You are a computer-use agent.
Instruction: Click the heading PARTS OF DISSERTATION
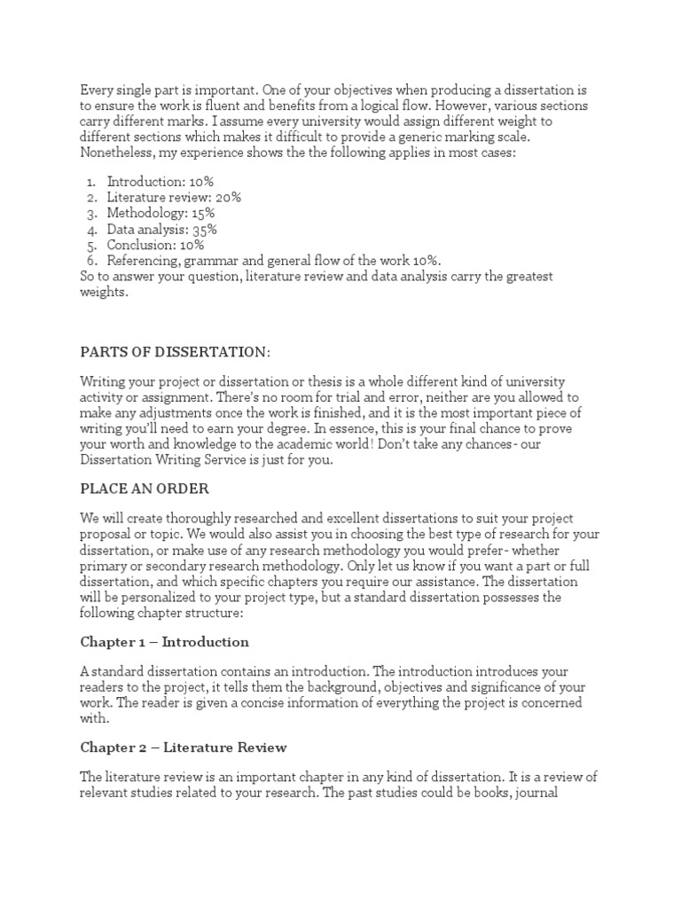coord(175,352)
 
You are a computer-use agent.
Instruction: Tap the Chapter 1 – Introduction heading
coord(165,641)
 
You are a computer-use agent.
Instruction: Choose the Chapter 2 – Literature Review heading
coord(184,748)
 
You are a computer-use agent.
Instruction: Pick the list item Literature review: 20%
coord(174,197)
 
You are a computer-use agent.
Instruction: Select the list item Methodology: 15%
coord(161,213)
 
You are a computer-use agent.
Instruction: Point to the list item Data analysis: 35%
coord(162,229)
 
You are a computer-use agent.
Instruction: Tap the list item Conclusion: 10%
coord(156,245)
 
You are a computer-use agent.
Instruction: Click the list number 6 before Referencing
coord(91,261)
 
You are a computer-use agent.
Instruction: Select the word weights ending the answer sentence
coord(104,293)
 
